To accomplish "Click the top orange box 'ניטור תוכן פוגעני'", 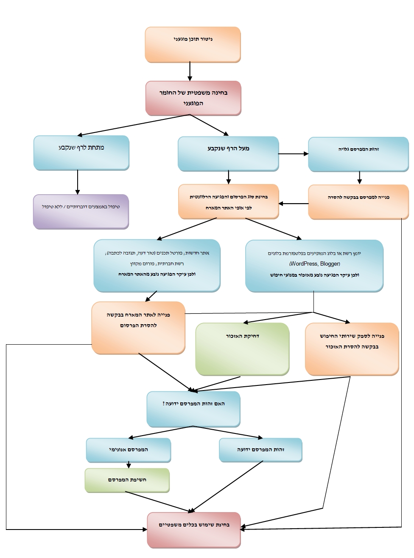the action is [193, 45].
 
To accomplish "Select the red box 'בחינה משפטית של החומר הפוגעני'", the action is [193, 98].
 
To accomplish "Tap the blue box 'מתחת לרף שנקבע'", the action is [81, 153].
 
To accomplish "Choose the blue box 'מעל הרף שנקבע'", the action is [228, 154].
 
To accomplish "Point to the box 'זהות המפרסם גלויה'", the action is [358, 154].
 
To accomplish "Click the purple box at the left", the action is [81, 212].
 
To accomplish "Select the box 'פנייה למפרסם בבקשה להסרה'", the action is [358, 202].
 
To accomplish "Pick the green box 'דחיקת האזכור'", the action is [243, 349].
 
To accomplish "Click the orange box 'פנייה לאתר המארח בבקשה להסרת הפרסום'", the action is [138, 328].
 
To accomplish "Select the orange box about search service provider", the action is [352, 349].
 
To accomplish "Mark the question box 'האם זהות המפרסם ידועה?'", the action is [193, 409].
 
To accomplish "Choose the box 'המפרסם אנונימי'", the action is [129, 450].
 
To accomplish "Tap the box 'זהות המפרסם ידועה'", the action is [260, 450].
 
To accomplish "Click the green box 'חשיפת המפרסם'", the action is [127, 480].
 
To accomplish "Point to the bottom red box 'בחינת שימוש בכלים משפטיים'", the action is [194, 530].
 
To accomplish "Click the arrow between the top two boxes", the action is [190, 71].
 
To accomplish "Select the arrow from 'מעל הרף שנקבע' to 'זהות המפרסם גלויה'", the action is [294, 154].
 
